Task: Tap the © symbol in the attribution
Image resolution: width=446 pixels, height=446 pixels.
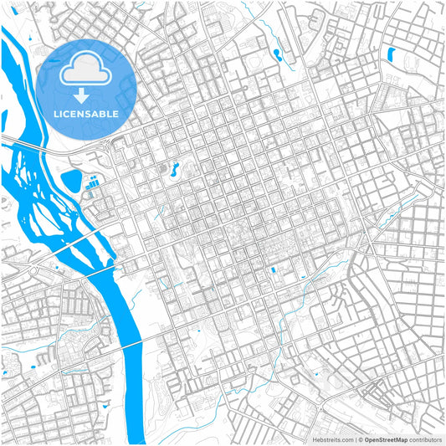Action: (x=360, y=439)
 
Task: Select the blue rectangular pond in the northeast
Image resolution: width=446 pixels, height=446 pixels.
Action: (x=390, y=55)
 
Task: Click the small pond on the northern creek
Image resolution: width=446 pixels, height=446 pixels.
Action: (x=276, y=54)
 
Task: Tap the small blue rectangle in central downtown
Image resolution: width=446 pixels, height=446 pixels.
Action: (x=273, y=270)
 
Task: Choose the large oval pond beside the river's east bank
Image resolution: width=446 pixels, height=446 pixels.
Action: (x=73, y=179)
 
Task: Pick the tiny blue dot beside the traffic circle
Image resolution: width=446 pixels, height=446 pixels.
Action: (x=58, y=269)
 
